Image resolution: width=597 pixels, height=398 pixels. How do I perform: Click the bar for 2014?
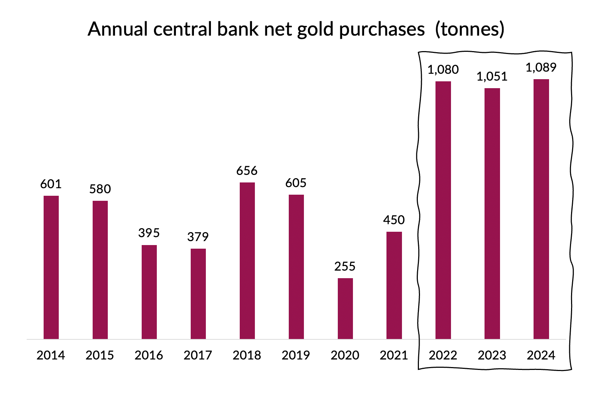click(51, 267)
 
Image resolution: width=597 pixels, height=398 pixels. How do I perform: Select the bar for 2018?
click(247, 261)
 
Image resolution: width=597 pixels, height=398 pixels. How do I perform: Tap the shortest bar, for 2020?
click(345, 308)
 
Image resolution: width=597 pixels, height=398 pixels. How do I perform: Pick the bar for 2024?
click(541, 209)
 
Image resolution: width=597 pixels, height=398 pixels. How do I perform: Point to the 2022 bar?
click(443, 210)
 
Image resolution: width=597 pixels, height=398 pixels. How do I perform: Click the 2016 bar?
click(149, 292)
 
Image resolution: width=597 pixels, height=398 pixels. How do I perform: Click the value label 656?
click(247, 171)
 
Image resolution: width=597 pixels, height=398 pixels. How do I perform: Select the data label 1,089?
click(541, 67)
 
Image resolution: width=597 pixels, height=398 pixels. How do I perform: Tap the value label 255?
click(345, 266)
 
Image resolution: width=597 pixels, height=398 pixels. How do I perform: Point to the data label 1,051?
click(492, 76)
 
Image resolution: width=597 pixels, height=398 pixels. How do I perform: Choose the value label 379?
click(198, 237)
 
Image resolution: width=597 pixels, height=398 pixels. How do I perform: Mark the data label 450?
click(394, 220)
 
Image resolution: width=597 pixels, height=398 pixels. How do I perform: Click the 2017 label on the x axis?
click(198, 355)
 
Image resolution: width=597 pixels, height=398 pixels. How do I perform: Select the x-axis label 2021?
click(394, 355)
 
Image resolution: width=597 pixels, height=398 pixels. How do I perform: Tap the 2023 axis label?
click(492, 355)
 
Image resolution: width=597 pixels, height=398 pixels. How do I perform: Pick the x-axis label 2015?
click(100, 355)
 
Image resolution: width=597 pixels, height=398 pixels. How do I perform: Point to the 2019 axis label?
click(296, 355)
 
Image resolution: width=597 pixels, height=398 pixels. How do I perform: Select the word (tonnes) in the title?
click(469, 30)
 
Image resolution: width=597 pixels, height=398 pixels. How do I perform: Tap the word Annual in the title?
click(118, 30)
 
